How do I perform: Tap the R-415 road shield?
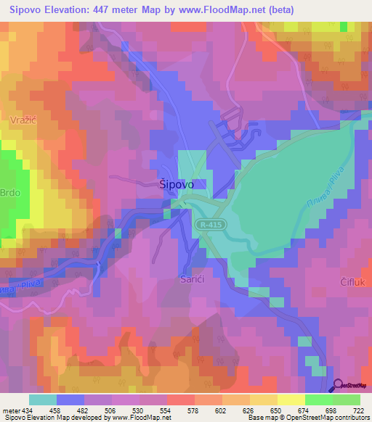pos(211,226)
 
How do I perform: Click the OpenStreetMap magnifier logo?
pos(339,384)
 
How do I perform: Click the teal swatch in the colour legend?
pos(43,400)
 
